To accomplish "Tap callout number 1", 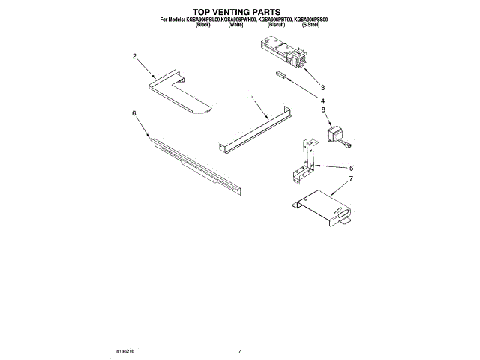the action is point(253,98).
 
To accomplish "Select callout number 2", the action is point(134,56).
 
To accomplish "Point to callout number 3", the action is point(323,85).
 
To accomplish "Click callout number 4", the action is point(323,100).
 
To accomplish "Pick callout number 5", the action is point(351,168).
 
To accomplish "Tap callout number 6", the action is point(133,113).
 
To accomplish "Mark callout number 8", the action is point(323,110).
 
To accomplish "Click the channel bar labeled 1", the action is point(255,130).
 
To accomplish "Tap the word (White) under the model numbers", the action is point(235,25).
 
